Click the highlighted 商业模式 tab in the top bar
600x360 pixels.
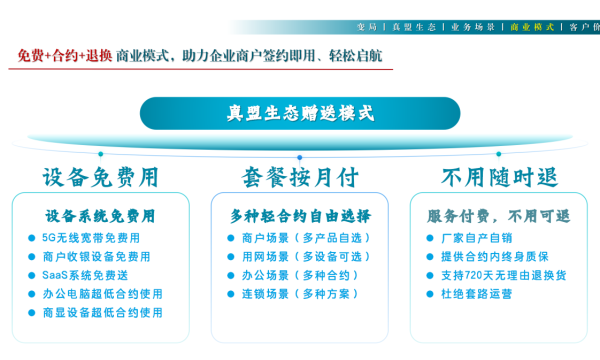(x=534, y=27)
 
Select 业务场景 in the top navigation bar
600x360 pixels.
(x=473, y=27)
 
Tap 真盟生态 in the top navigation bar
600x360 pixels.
(x=414, y=27)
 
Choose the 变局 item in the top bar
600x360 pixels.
(x=367, y=27)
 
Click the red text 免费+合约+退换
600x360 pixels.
(x=65, y=55)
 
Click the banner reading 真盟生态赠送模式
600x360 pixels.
(x=300, y=113)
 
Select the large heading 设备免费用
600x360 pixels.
(x=100, y=178)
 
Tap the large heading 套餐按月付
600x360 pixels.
(x=300, y=178)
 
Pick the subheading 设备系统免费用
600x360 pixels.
(x=100, y=215)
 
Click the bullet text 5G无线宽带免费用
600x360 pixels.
(x=91, y=238)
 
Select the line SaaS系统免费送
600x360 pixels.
(x=85, y=275)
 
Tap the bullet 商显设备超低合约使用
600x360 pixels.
(x=102, y=312)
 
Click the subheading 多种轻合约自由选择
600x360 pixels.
(x=300, y=215)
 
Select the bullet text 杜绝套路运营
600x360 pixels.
(x=476, y=294)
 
